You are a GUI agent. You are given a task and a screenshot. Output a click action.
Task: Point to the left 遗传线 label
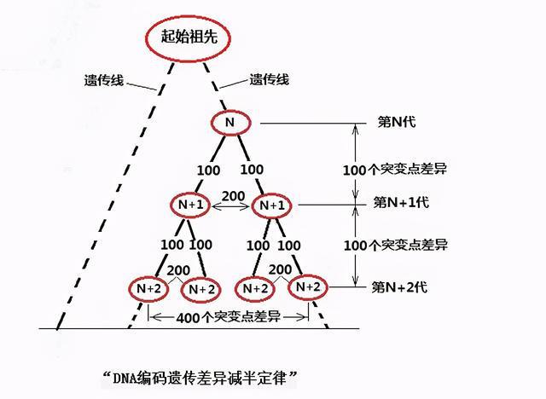[104, 80]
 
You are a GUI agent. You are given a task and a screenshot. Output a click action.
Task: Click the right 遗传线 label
[270, 79]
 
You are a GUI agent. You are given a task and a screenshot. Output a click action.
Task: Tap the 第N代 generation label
[397, 122]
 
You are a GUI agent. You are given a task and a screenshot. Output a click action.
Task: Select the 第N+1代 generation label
[401, 202]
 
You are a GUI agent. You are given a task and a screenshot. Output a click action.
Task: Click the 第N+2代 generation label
[399, 287]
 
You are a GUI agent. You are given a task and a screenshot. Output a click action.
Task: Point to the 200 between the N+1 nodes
[233, 196]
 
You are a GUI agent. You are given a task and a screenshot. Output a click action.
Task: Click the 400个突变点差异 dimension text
[228, 317]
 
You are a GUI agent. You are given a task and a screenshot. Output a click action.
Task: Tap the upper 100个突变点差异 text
[394, 170]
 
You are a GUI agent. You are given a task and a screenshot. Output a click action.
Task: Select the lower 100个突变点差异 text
[396, 246]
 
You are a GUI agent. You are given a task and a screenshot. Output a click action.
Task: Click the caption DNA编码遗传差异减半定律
[200, 378]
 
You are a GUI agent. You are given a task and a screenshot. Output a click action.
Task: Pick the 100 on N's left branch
[208, 171]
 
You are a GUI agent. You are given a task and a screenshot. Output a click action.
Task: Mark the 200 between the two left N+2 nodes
[178, 270]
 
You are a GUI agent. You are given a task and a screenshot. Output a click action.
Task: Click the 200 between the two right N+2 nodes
[281, 269]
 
